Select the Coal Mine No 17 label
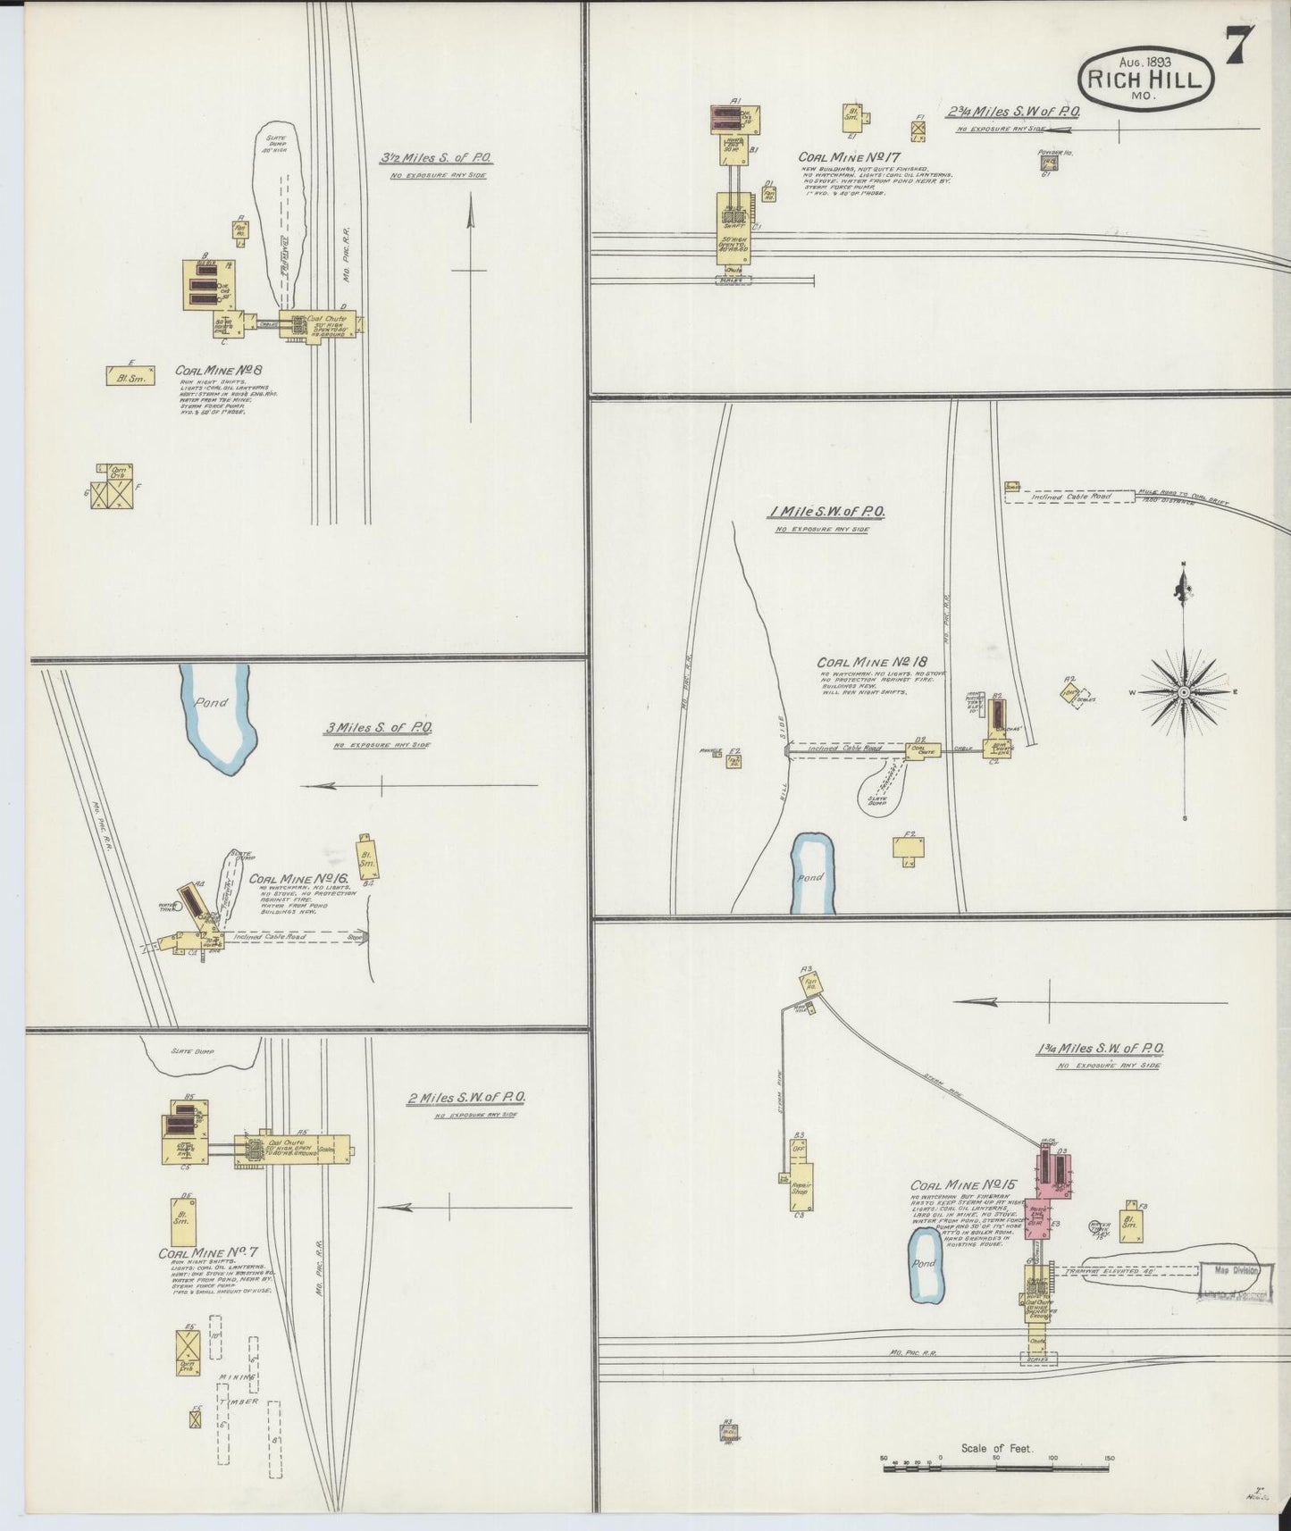pos(842,157)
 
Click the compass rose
pos(1184,692)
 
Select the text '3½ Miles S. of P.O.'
pos(436,158)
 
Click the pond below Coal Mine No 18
pos(814,874)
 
